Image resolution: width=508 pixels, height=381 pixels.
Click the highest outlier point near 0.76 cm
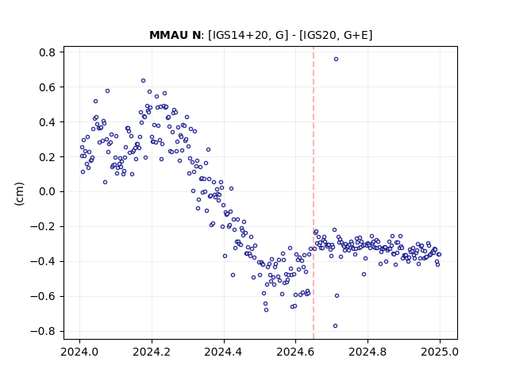coord(336,60)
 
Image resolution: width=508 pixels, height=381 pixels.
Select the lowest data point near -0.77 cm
coord(335,325)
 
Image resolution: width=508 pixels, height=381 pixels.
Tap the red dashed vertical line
coord(314,193)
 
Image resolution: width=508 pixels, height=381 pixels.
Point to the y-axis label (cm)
coord(19,194)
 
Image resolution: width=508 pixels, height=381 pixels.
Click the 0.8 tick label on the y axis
coord(47,52)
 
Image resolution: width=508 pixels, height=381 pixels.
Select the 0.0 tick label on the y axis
coord(47,192)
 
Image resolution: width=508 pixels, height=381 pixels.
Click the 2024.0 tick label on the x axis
coord(79,352)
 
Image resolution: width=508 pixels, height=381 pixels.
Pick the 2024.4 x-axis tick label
coord(224,352)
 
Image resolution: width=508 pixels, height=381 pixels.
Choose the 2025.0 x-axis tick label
coord(440,352)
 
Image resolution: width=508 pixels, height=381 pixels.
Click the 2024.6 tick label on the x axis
coord(295,352)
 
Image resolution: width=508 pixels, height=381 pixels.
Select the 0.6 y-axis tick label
coord(47,87)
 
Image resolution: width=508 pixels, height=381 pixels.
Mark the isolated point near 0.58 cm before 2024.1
coord(108,91)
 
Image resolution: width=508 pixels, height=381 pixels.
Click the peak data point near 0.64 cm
coord(143,81)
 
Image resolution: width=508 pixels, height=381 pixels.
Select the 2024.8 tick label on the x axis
coord(368,352)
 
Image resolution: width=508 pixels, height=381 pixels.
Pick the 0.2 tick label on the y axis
coord(47,157)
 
